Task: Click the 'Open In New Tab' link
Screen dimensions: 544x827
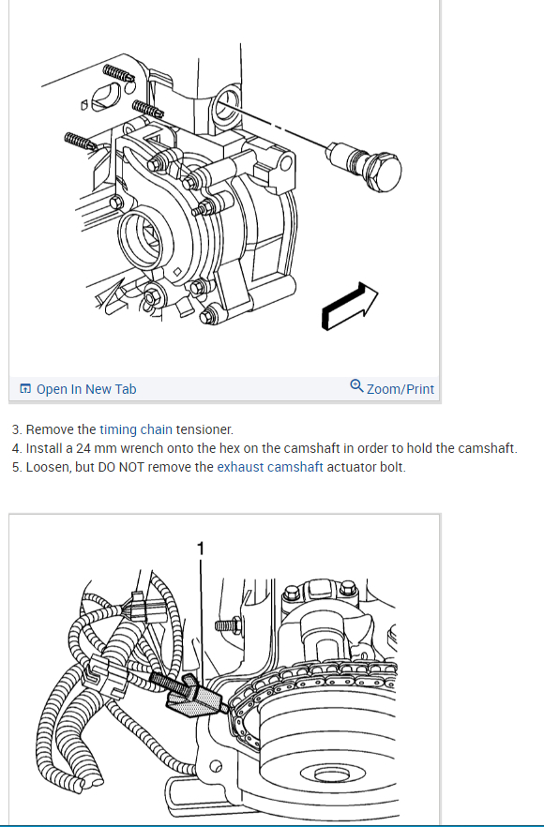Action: click(x=86, y=389)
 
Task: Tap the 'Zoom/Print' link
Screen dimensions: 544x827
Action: click(x=400, y=389)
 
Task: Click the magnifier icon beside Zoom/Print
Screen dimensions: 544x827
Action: click(x=356, y=386)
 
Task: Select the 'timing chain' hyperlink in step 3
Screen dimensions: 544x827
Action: click(x=136, y=429)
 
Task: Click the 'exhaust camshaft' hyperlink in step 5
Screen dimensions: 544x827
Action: click(x=270, y=467)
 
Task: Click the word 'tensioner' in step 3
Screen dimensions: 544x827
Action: click(x=204, y=429)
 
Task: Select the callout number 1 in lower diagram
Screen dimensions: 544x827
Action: click(x=200, y=549)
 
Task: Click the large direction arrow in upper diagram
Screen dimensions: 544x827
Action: click(x=350, y=307)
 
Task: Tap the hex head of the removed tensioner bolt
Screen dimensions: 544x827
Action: click(x=382, y=173)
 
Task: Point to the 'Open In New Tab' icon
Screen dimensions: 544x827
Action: click(x=24, y=389)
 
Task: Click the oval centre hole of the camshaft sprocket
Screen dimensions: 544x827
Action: click(x=331, y=774)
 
